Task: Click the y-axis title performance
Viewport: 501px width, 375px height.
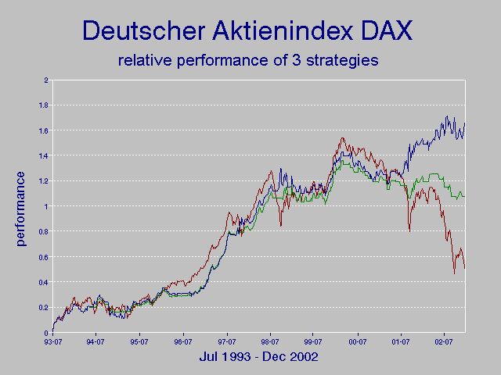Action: coord(20,208)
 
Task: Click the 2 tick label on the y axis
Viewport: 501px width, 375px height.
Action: coord(46,80)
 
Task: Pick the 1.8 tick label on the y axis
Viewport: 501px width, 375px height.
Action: coord(44,105)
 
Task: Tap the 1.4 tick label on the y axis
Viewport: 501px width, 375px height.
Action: coord(44,156)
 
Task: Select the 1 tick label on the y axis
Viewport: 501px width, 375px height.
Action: coord(46,206)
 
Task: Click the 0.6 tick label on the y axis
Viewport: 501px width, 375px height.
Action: coord(44,257)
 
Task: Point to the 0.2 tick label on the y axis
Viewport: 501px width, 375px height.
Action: coord(44,308)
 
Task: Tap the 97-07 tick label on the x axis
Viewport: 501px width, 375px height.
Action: coord(227,341)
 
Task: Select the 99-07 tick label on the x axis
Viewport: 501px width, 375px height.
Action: coord(314,341)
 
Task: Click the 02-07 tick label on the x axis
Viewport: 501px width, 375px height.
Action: coord(445,341)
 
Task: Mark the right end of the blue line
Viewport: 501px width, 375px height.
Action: coord(464,123)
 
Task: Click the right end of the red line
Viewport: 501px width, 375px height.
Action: coord(464,268)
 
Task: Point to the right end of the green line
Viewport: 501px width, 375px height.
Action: coord(464,195)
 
